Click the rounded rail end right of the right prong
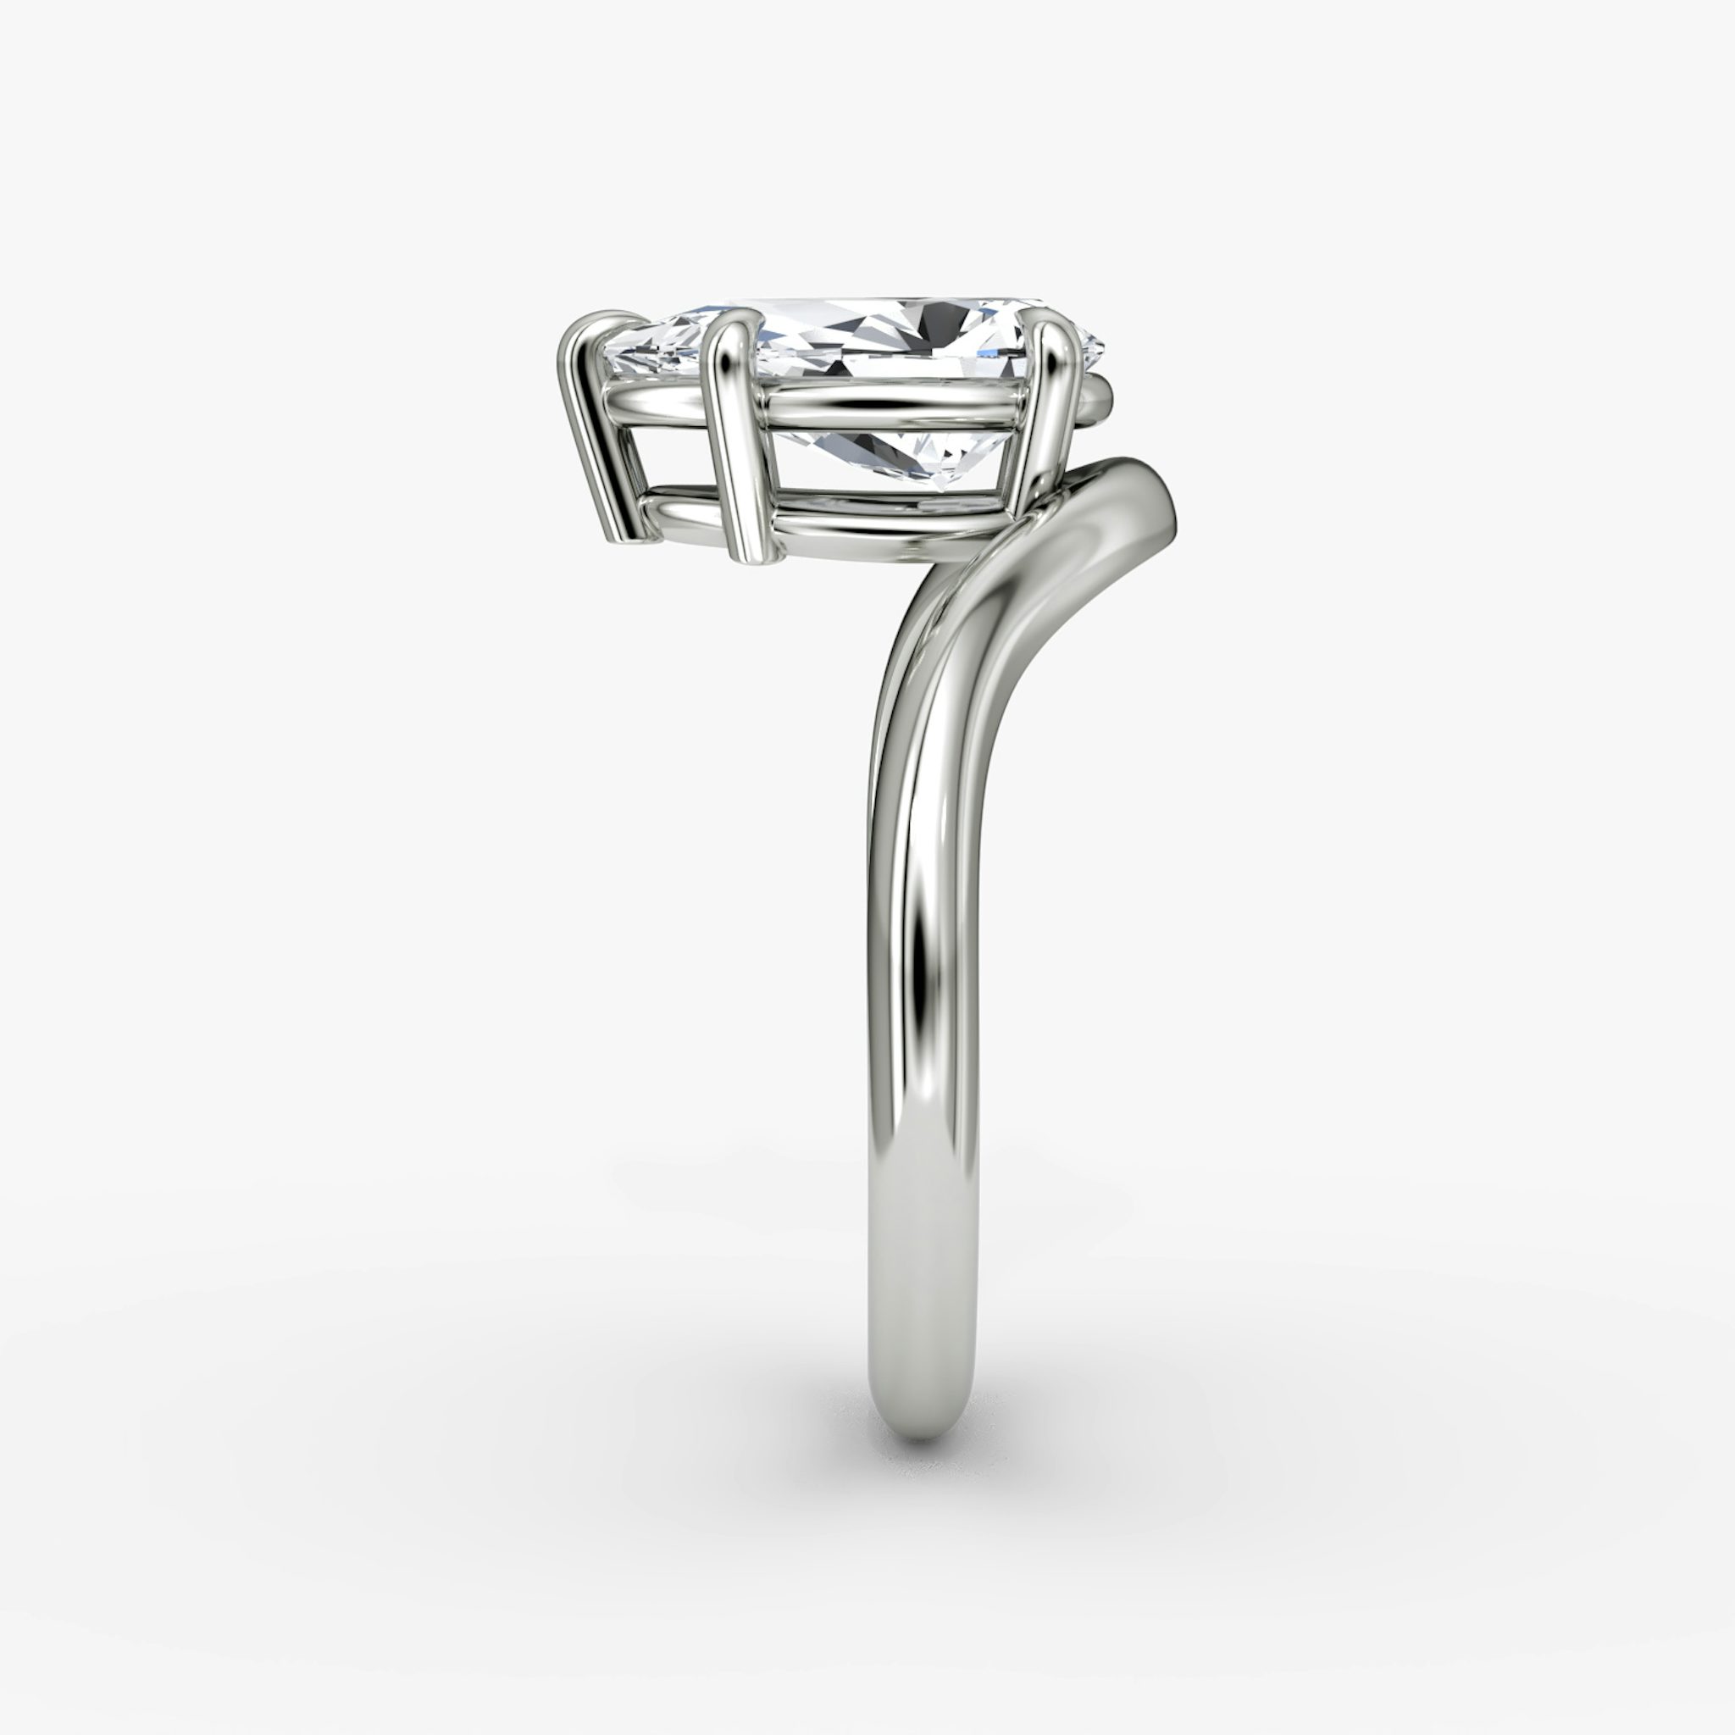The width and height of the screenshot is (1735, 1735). pos(1100,395)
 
